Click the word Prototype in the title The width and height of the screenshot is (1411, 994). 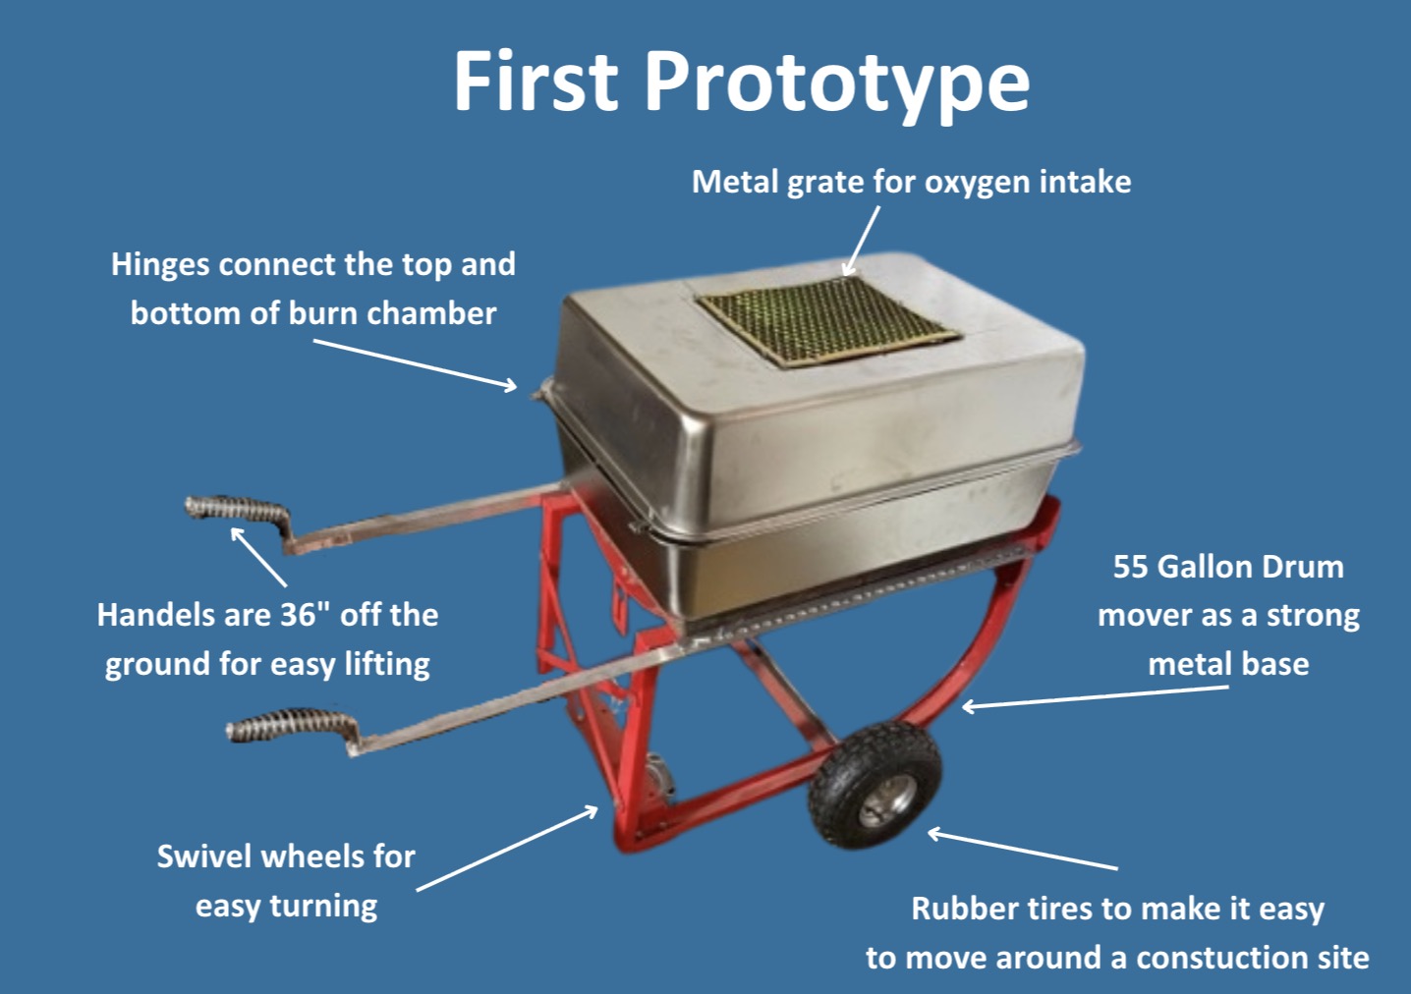[x=837, y=83]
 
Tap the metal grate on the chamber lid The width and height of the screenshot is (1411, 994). [x=827, y=319]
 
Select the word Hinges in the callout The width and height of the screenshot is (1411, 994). [x=160, y=264]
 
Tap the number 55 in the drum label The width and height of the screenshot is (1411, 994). [x=1130, y=567]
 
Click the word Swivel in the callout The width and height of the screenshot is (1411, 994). [x=203, y=856]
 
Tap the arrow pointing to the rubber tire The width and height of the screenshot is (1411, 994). [x=1022, y=851]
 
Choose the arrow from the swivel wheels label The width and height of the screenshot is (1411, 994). [x=507, y=849]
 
